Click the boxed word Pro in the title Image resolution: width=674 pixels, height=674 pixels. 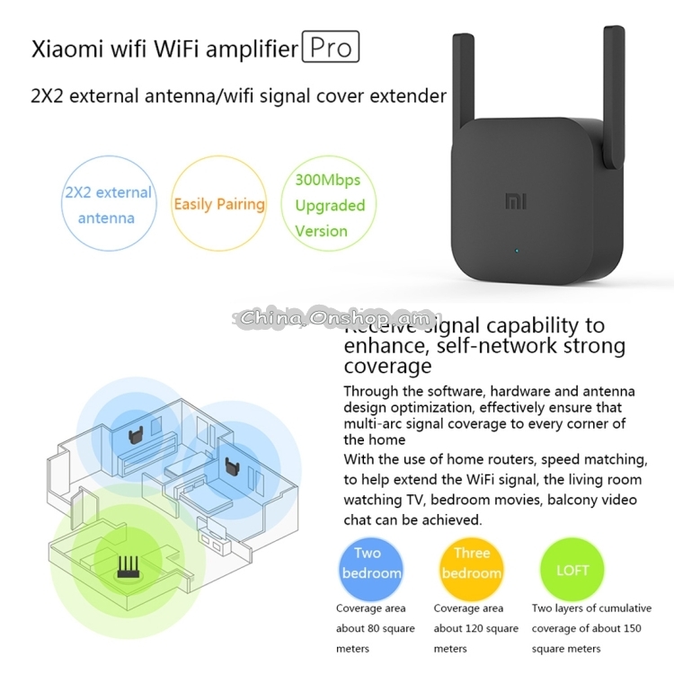[x=331, y=47]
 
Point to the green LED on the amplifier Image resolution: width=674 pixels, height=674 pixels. [x=515, y=251]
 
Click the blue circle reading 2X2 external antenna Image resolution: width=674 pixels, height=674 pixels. [x=106, y=206]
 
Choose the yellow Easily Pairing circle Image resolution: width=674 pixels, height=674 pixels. [x=219, y=204]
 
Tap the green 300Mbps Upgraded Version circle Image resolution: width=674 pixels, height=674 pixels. [x=330, y=206]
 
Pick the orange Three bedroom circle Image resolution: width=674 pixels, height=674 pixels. [x=471, y=563]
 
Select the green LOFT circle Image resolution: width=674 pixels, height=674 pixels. [x=572, y=570]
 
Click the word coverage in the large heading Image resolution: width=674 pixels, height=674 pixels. [x=387, y=366]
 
